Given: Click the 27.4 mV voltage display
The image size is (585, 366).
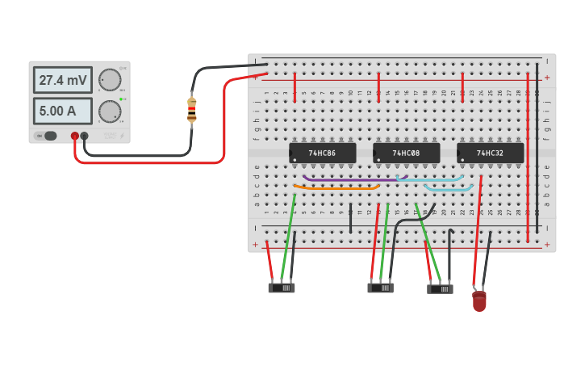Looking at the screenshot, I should (62, 80).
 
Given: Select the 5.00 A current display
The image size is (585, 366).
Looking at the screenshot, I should (62, 111).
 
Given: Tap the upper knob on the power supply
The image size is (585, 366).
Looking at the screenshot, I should (109, 80).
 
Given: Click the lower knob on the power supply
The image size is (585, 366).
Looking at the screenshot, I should (109, 111).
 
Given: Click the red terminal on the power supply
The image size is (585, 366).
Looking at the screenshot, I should (74, 136).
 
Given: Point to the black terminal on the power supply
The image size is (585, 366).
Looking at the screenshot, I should (84, 136).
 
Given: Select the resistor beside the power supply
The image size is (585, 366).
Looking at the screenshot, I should (191, 110).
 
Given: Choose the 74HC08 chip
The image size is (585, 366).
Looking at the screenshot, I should (406, 153).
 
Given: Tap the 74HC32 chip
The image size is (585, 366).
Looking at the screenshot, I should (490, 153).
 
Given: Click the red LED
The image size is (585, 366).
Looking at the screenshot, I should (479, 302).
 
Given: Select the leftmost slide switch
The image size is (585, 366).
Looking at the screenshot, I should (282, 287).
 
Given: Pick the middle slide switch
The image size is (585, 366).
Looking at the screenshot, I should (381, 287).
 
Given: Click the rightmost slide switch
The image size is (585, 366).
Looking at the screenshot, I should (440, 288).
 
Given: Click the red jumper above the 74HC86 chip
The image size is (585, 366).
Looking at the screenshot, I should (295, 86).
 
